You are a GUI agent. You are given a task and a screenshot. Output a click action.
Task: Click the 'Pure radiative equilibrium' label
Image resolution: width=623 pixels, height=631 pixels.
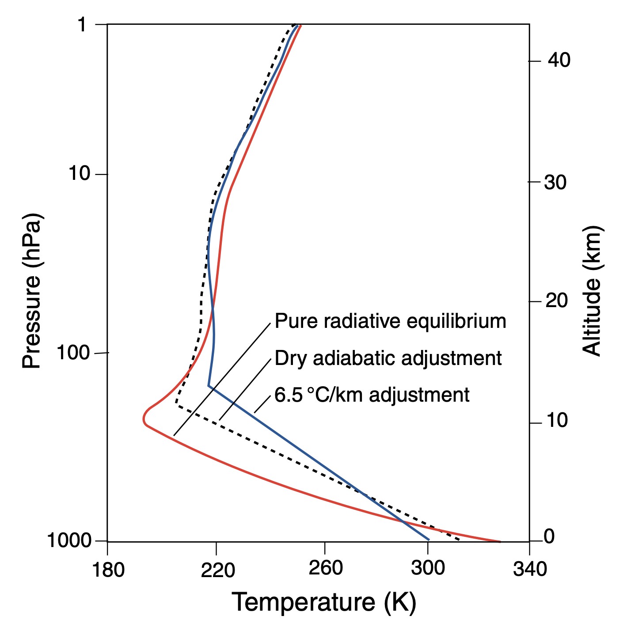pyautogui.click(x=390, y=321)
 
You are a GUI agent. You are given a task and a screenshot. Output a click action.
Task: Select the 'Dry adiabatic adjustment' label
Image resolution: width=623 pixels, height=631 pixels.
pyautogui.click(x=388, y=358)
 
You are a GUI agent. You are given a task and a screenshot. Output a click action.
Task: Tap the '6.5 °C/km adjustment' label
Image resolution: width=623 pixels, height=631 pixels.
pyautogui.click(x=372, y=395)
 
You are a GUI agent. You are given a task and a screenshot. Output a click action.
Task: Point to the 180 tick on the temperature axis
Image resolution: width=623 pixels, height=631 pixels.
pyautogui.click(x=108, y=570)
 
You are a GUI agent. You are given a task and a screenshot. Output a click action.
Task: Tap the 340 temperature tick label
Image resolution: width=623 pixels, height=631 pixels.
pyautogui.click(x=530, y=570)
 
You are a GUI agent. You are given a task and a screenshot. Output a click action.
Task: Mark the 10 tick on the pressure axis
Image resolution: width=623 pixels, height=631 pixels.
pyautogui.click(x=79, y=174)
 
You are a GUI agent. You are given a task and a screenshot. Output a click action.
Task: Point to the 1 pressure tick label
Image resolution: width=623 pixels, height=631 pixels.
pyautogui.click(x=82, y=25)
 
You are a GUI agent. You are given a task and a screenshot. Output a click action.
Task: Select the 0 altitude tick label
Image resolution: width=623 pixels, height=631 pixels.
pyautogui.click(x=549, y=537)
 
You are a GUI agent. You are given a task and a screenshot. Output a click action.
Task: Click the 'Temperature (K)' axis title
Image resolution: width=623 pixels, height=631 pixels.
pyautogui.click(x=324, y=602)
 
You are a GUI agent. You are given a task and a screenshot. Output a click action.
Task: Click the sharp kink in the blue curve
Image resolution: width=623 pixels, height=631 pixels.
pyautogui.click(x=209, y=386)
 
